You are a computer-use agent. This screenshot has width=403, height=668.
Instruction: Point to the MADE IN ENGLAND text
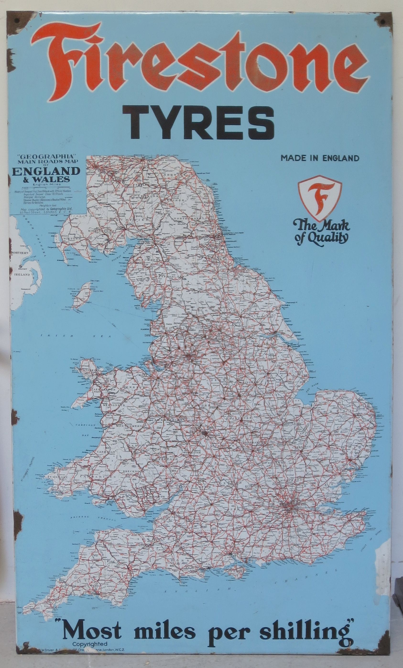point(320,158)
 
